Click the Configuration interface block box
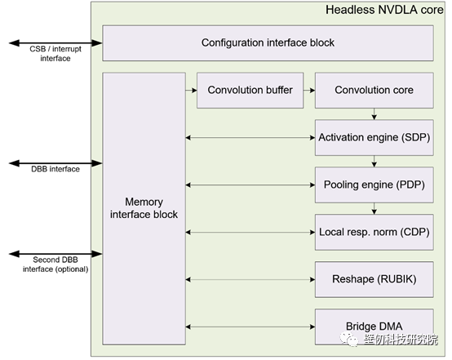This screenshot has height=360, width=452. (268, 43)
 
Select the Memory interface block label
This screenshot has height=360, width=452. (144, 208)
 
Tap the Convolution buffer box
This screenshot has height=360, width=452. (250, 91)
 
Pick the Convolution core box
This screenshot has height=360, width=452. (374, 91)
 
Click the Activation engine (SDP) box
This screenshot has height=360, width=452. (374, 138)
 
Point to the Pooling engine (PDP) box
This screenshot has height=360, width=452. (374, 185)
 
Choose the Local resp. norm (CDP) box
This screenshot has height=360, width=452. (374, 232)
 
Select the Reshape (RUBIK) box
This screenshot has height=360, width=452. (374, 279)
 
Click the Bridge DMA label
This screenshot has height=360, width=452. (374, 327)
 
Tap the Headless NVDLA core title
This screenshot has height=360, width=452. (384, 10)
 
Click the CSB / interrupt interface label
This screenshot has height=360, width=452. (55, 54)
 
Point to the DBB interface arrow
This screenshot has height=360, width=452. (55, 163)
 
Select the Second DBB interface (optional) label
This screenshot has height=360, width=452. (55, 264)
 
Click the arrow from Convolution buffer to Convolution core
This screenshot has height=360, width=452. (309, 91)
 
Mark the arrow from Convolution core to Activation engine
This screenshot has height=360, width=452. (374, 114)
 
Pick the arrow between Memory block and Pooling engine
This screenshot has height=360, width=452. (250, 185)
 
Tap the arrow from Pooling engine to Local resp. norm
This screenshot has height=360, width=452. (374, 208)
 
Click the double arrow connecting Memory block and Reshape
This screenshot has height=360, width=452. (250, 279)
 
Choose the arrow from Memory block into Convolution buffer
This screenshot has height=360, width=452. (191, 91)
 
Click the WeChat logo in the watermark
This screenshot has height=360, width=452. (349, 340)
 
